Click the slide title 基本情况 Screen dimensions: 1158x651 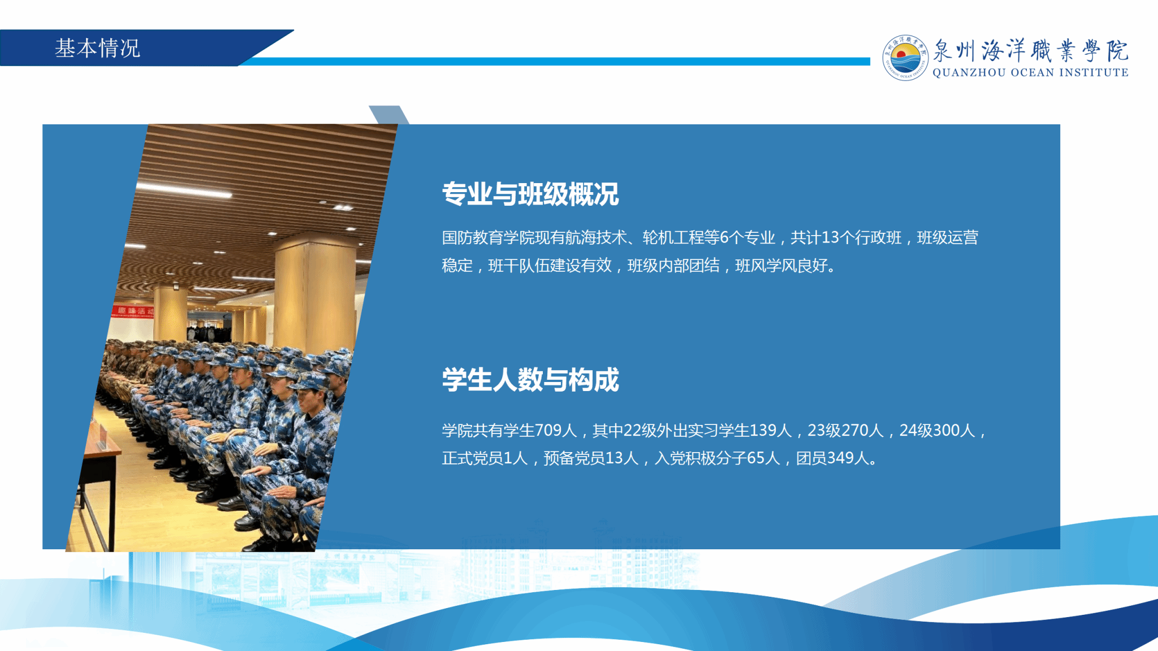point(97,48)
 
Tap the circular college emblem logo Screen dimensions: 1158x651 point(905,58)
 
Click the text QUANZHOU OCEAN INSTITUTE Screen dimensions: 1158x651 point(1030,72)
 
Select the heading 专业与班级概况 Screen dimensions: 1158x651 point(530,194)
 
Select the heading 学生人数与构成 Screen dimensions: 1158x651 point(530,379)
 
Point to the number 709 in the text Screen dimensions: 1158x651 point(548,431)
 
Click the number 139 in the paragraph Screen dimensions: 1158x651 point(763,431)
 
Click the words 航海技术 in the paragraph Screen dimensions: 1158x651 point(597,237)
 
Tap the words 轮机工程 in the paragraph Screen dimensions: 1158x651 point(673,237)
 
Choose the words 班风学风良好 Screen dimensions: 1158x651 point(781,265)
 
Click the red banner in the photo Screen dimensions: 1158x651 point(133,311)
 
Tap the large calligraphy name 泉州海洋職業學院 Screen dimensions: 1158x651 point(1030,50)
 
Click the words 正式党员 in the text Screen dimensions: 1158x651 point(472,458)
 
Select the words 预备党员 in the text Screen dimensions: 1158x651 point(574,458)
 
